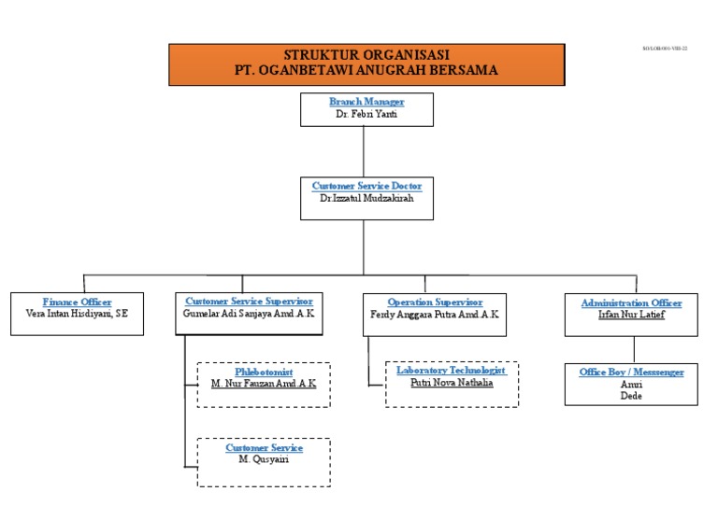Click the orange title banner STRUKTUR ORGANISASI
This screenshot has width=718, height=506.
(x=366, y=63)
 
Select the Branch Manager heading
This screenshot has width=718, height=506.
(x=366, y=101)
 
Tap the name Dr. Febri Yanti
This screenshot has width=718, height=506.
(x=366, y=114)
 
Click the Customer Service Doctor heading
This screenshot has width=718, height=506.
(x=366, y=186)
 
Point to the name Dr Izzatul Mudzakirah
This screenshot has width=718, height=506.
(x=366, y=199)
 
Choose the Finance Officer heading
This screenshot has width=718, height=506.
(x=77, y=302)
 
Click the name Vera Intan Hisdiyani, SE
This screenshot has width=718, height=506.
(x=77, y=315)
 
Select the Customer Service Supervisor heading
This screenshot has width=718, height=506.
(x=249, y=302)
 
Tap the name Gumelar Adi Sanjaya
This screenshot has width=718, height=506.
(x=249, y=315)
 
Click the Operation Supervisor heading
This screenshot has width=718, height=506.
(x=435, y=302)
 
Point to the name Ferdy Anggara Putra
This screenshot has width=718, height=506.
(x=435, y=315)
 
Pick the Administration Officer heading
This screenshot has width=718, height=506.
(x=631, y=302)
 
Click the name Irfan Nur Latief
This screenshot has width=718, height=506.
(x=631, y=315)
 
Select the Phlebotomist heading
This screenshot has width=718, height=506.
(x=264, y=372)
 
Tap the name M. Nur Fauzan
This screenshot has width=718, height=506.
(x=264, y=384)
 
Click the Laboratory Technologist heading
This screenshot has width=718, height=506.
(x=452, y=371)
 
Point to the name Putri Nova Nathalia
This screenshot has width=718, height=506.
(x=452, y=383)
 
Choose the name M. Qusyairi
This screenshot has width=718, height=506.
(x=264, y=460)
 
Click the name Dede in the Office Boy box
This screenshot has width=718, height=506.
(x=631, y=395)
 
